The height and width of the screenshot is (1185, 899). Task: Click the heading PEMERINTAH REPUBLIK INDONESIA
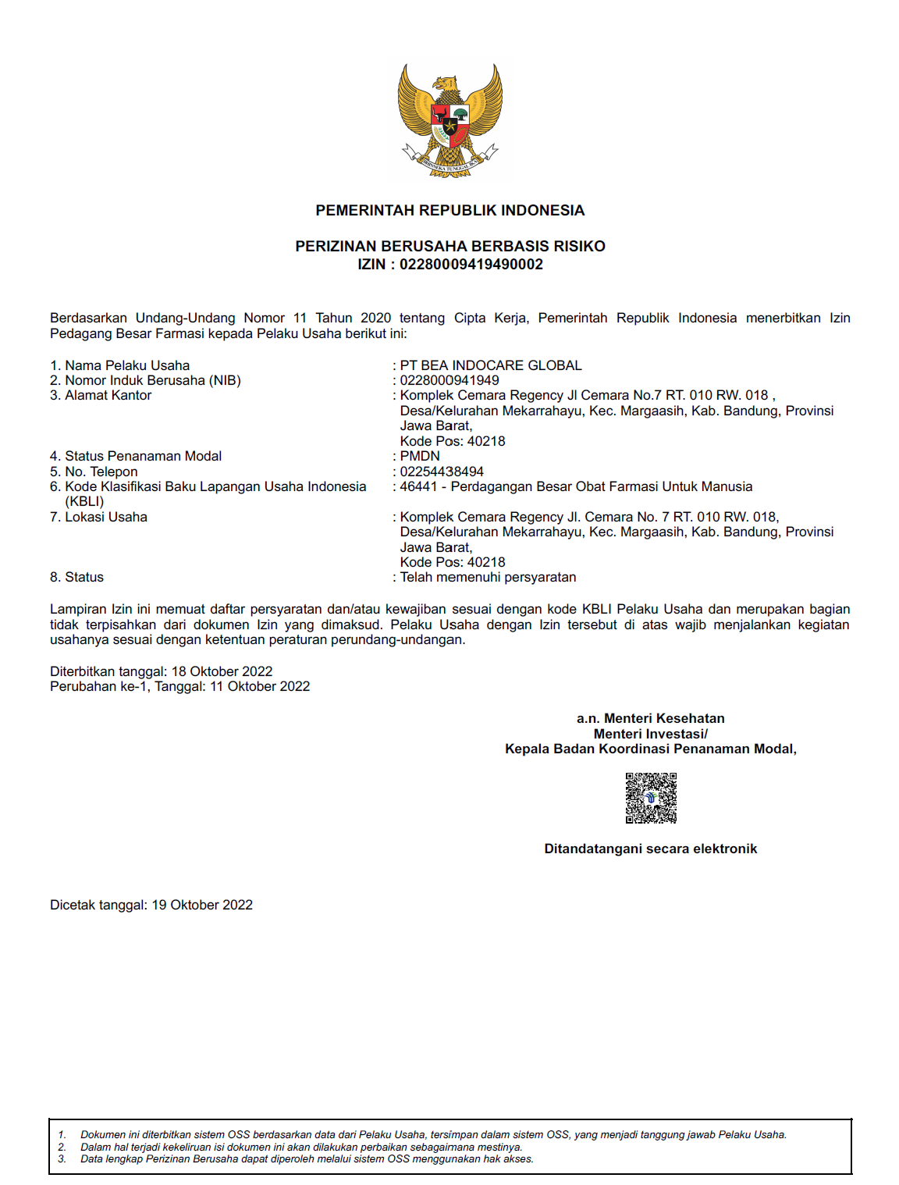pyautogui.click(x=450, y=211)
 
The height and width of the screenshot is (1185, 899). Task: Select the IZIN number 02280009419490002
pyautogui.click(x=471, y=265)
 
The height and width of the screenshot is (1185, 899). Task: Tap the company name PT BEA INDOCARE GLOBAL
pyautogui.click(x=491, y=365)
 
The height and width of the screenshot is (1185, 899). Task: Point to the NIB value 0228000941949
pyautogui.click(x=449, y=381)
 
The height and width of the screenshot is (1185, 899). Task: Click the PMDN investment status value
pyautogui.click(x=420, y=457)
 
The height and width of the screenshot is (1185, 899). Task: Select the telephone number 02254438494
pyautogui.click(x=442, y=472)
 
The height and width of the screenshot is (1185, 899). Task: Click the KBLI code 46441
pyautogui.click(x=418, y=487)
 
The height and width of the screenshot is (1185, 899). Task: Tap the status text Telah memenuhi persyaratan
pyautogui.click(x=488, y=578)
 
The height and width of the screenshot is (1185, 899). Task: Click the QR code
pyautogui.click(x=651, y=798)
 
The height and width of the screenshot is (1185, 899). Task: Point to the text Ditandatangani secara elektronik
pyautogui.click(x=651, y=849)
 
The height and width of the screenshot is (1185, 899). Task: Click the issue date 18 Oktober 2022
pyautogui.click(x=222, y=672)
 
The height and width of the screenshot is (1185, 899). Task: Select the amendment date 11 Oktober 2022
pyautogui.click(x=260, y=687)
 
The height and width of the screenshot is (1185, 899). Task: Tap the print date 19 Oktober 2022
pyautogui.click(x=202, y=906)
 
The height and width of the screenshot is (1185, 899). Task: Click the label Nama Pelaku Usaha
pyautogui.click(x=127, y=365)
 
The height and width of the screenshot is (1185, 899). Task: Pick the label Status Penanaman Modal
pyautogui.click(x=143, y=457)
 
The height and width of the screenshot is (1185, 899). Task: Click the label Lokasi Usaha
pyautogui.click(x=106, y=518)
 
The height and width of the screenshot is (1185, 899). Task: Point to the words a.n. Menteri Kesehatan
pyautogui.click(x=651, y=719)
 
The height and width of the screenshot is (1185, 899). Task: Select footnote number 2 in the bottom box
pyautogui.click(x=62, y=1148)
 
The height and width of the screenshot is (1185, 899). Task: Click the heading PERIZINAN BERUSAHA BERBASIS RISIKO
pyautogui.click(x=450, y=247)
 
